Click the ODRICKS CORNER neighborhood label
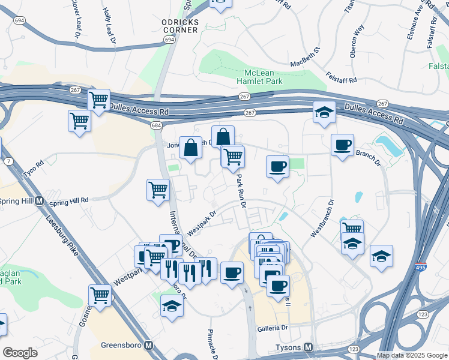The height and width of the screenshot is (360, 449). (179, 26)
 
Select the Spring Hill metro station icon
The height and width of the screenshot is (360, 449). (40, 200)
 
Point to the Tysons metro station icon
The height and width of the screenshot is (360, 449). (309, 347)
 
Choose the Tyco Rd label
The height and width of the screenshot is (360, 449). (32, 165)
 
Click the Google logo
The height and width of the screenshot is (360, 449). (20, 353)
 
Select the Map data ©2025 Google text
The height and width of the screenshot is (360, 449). (411, 355)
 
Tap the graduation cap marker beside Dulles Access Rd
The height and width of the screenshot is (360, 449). (324, 112)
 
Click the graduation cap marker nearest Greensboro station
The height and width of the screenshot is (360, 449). (172, 306)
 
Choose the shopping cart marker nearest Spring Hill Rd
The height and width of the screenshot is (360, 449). (158, 190)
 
